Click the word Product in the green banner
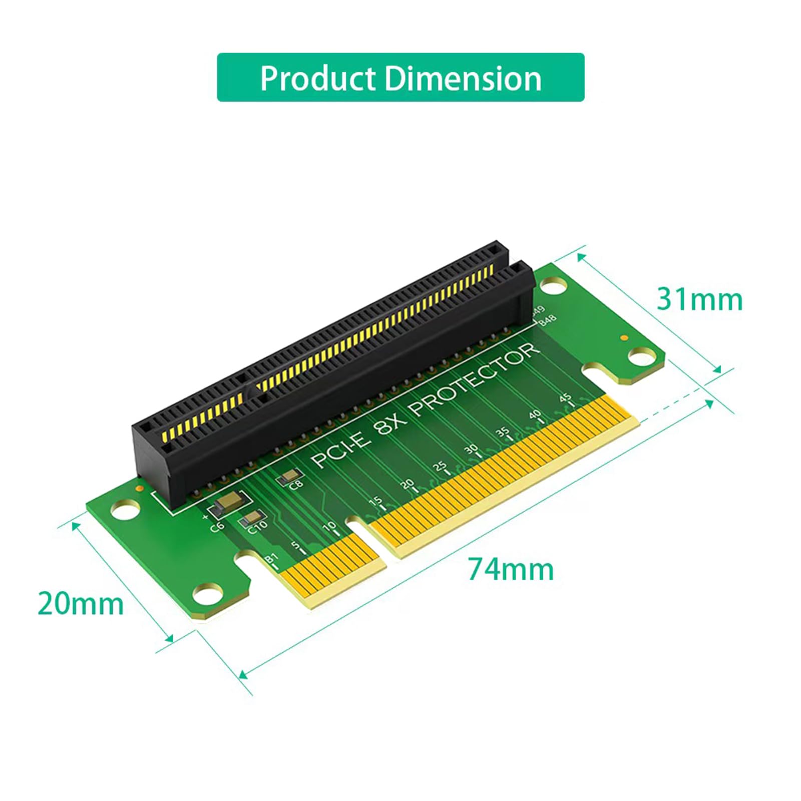tap(317, 78)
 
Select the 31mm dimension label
tap(699, 299)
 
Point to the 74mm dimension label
tap(511, 570)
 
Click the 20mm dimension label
tap(81, 603)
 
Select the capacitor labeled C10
tap(253, 519)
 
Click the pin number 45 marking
tap(565, 398)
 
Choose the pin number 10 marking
tap(329, 527)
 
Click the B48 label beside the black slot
tap(547, 320)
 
